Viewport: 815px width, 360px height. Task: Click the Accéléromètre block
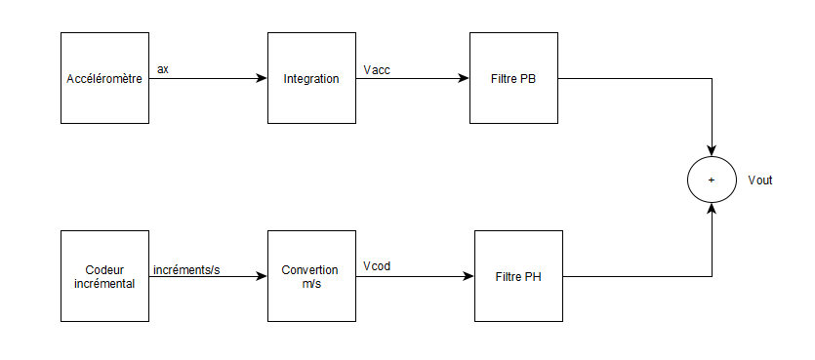[104, 78]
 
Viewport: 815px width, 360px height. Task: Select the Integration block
[311, 78]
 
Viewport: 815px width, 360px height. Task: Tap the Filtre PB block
[513, 78]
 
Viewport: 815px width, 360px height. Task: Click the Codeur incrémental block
[104, 276]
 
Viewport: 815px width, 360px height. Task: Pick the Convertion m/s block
[311, 276]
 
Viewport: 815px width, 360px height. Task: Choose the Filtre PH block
[518, 276]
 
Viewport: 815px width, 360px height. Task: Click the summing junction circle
[712, 180]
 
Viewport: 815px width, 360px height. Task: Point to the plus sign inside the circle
[712, 180]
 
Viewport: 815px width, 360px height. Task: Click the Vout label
[759, 180]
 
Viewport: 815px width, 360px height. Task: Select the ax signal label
[163, 68]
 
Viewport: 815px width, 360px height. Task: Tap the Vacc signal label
[376, 68]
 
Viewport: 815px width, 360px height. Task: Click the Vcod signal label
[376, 265]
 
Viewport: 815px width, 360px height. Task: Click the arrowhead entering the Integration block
[262, 78]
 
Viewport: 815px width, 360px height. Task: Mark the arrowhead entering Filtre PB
[464, 78]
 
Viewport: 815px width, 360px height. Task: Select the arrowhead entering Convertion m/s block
[262, 276]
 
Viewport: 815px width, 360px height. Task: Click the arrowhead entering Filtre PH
[469, 276]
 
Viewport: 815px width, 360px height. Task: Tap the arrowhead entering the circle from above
[712, 149]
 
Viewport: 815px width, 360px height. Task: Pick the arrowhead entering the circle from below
[712, 210]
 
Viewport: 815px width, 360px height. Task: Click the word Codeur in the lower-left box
[104, 269]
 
